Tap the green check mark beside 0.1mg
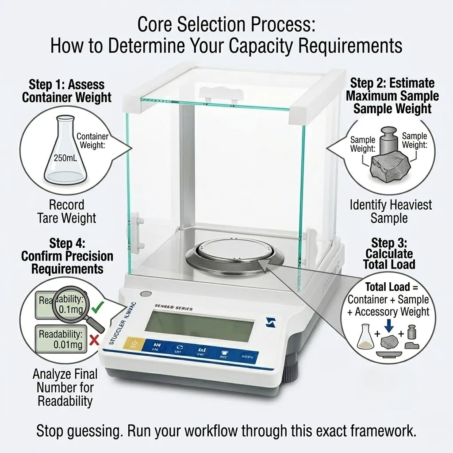pos(98,306)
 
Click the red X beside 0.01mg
pos(93,340)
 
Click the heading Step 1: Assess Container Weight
pos(67,91)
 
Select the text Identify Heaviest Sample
pos(391,211)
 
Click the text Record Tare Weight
pos(67,211)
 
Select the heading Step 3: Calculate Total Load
pos(389,253)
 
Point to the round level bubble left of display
pos(145,294)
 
